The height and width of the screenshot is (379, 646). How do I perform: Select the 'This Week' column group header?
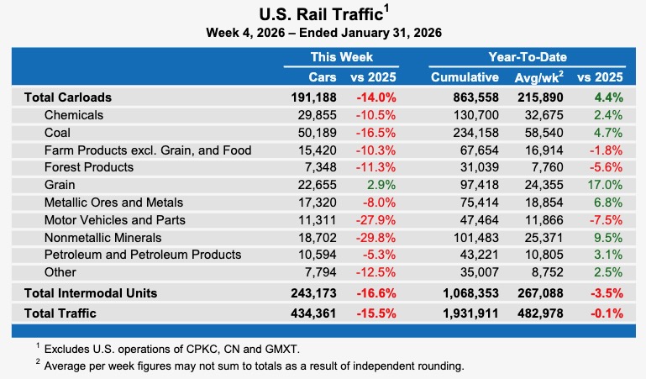coord(341,57)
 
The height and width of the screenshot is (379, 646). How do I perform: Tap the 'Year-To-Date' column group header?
coord(527,57)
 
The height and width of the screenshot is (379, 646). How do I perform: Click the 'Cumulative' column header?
coord(465,77)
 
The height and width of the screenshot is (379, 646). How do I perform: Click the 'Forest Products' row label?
coord(88,167)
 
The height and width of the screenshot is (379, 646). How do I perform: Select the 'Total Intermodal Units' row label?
coord(91,293)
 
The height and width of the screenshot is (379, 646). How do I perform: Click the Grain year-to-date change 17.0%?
coord(607,185)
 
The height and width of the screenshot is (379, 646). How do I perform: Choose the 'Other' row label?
coord(60,272)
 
